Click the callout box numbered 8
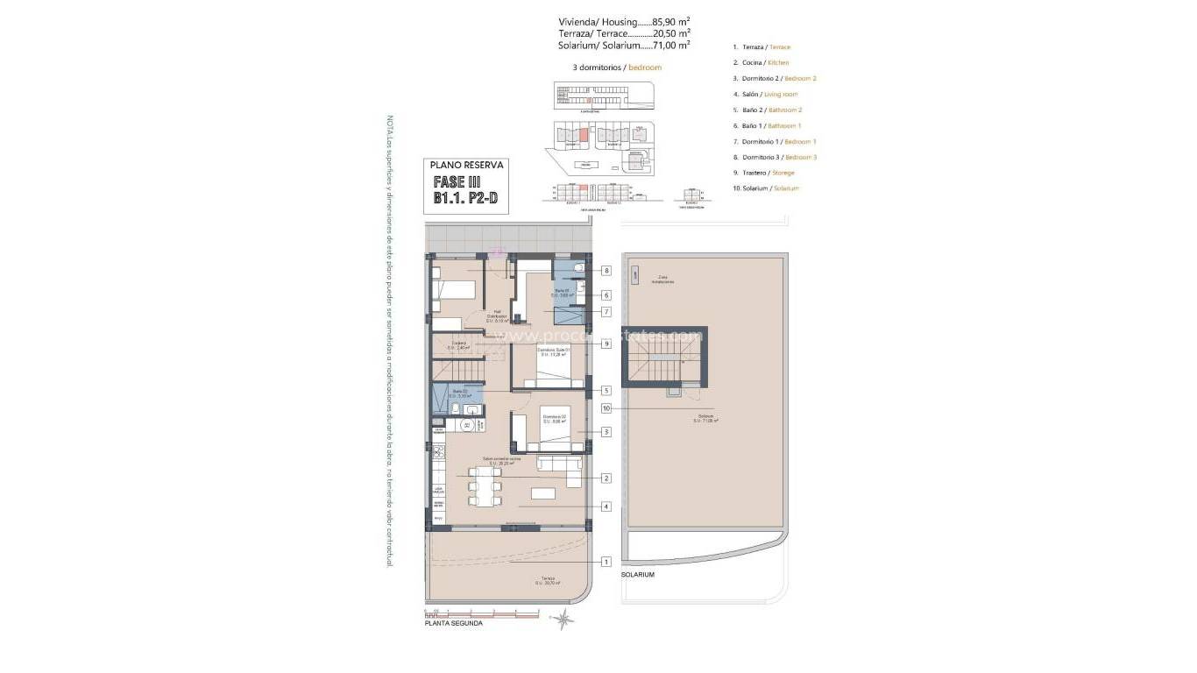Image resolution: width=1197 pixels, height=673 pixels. [606, 271]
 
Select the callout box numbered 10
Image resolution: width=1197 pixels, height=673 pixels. [606, 407]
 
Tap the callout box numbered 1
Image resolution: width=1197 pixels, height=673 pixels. [606, 561]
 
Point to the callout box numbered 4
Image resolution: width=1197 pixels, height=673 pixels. [606, 506]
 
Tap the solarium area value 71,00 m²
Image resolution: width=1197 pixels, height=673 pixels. [671, 44]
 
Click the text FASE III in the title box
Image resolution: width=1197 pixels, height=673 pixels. [457, 182]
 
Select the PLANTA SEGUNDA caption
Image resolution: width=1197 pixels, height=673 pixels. [453, 623]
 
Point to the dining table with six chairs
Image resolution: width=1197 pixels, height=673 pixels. [485, 486]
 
